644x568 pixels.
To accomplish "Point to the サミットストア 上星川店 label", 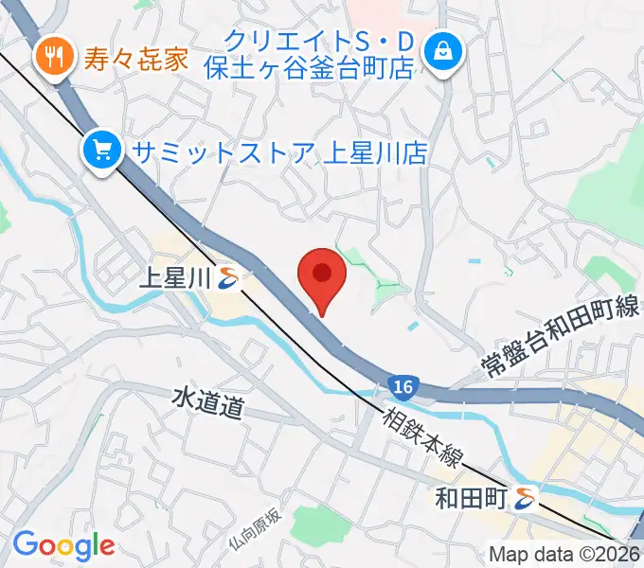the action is pyautogui.click(x=278, y=151).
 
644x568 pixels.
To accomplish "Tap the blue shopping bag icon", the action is pyautogui.click(x=442, y=53).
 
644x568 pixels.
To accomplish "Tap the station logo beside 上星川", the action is pyautogui.click(x=227, y=278).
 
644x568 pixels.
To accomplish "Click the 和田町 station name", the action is pyautogui.click(x=470, y=496).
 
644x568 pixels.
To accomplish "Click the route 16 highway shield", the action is pyautogui.click(x=403, y=386).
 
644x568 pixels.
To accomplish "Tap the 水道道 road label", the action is pyautogui.click(x=208, y=406).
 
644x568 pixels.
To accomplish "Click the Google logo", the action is pyautogui.click(x=63, y=545).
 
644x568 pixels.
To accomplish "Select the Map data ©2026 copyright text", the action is pyautogui.click(x=564, y=555).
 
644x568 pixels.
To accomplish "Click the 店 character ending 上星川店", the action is pyautogui.click(x=414, y=151).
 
